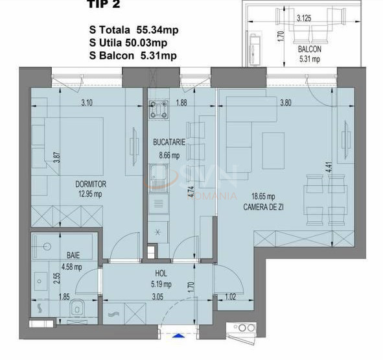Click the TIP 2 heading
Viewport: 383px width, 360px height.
(x=104, y=6)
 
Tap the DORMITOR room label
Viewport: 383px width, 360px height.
(x=90, y=184)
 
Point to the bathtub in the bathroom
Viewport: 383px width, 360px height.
(x=62, y=245)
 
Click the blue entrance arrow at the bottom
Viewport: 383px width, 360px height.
(x=178, y=336)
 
